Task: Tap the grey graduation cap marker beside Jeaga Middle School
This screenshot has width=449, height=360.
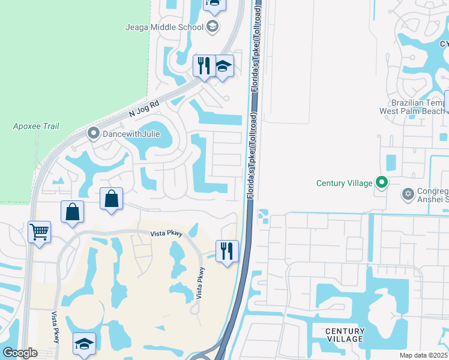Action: [212, 26]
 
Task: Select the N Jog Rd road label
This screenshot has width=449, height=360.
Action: [144, 107]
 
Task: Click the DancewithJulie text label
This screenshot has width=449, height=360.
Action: [131, 134]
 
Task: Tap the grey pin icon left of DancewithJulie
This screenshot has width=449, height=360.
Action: [93, 133]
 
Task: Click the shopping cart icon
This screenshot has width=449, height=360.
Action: [40, 232]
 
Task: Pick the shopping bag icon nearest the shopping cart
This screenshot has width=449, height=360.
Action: [72, 212]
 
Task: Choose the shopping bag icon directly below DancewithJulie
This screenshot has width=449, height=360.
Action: [111, 199]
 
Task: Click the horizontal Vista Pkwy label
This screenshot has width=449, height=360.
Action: [166, 232]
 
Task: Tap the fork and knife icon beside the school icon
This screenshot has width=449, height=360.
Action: [203, 65]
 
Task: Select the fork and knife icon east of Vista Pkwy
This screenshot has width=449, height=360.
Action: [227, 251]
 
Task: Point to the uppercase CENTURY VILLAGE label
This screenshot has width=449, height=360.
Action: [345, 335]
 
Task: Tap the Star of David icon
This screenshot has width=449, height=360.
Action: [408, 193]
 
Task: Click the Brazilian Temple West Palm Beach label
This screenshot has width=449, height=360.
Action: [414, 107]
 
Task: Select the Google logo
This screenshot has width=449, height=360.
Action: [20, 353]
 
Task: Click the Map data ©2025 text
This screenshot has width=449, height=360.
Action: [424, 355]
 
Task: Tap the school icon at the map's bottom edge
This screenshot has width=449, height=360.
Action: [84, 344]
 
